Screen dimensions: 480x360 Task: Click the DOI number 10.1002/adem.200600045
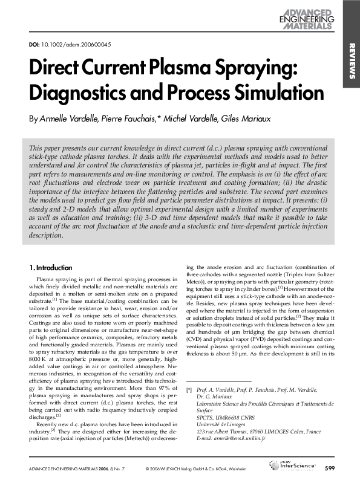click(76, 44)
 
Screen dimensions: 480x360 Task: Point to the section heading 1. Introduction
click(51, 267)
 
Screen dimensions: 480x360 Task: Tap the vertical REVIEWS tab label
click(351, 60)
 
